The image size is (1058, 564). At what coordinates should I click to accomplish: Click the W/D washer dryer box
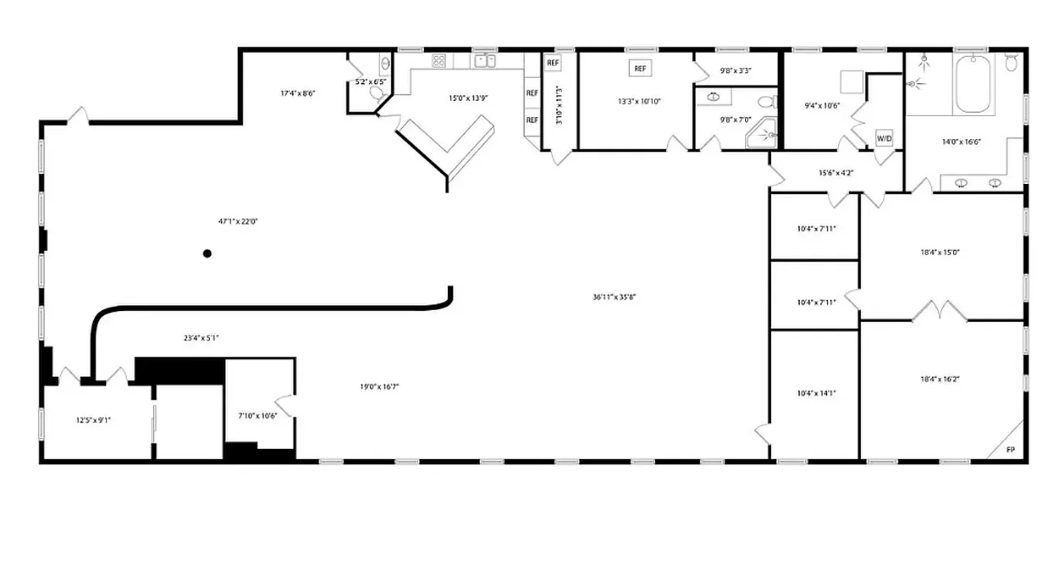point(884,138)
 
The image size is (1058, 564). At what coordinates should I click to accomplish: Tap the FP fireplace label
point(1010,449)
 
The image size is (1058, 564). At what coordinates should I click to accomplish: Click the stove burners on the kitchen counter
point(439,61)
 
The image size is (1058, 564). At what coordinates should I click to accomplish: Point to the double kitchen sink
point(485,61)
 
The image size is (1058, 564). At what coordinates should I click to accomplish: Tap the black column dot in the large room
point(207,253)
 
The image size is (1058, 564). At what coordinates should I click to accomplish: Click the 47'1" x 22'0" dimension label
point(238,221)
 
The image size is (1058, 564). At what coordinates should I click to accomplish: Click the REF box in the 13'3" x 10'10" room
point(640,69)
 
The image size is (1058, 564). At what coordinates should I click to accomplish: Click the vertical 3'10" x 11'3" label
point(559,106)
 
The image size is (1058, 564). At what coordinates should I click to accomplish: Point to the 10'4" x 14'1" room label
point(817,393)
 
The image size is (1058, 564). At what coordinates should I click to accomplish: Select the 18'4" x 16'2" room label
point(940,379)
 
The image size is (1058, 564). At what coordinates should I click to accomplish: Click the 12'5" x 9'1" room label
point(94,420)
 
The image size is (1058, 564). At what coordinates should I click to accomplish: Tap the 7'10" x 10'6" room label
point(257,415)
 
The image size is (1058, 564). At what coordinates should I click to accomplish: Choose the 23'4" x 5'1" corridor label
point(201,338)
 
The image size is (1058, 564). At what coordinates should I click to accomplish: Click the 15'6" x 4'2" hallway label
point(836,173)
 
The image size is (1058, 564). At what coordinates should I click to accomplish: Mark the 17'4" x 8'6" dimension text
point(297,93)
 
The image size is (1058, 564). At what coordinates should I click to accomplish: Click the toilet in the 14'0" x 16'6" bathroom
point(1011,62)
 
